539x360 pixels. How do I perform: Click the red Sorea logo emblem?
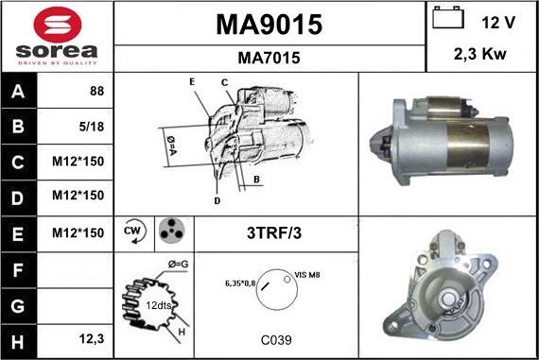coord(58,25)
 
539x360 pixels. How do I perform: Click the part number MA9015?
coord(269,25)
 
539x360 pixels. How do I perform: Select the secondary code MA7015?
coord(269,58)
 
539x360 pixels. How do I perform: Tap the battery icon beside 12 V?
coord(448,17)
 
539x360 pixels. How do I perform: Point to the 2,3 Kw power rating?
coord(479,54)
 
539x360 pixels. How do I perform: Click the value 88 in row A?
coord(96,91)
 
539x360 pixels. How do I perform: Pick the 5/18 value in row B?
coord(92,127)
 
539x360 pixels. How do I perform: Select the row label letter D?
coord(18,198)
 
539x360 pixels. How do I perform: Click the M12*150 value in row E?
coord(78,232)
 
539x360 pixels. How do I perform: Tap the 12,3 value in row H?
coord(92,339)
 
